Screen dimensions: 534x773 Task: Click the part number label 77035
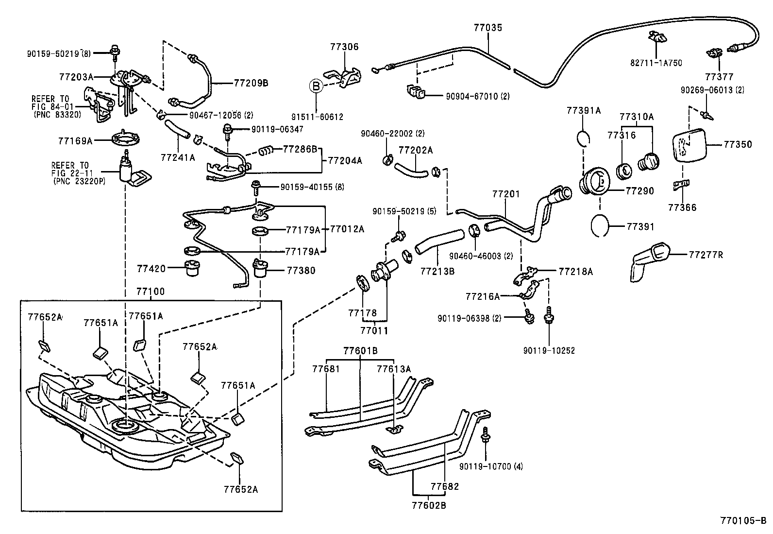coord(488,28)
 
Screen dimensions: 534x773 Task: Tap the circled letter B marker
coord(316,86)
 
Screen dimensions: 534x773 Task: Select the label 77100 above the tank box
coord(150,292)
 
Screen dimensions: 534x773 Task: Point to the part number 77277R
coord(706,254)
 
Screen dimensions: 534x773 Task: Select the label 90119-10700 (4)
coord(491,466)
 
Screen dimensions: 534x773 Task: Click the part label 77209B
coord(251,83)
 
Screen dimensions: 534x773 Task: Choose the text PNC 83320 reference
coord(58,115)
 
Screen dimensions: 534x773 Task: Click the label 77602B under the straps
coord(429,505)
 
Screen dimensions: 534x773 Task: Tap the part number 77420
coord(151,268)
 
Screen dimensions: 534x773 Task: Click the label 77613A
coord(393,369)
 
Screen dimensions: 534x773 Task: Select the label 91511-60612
coord(317,117)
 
